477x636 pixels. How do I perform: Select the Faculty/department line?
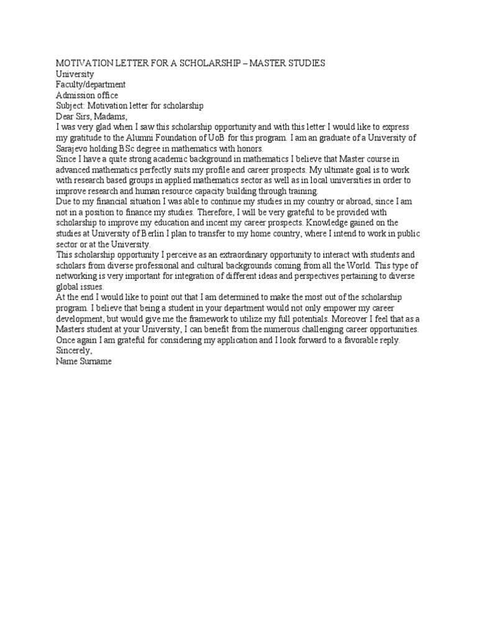click(x=91, y=84)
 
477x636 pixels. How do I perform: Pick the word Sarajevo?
click(x=75, y=148)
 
